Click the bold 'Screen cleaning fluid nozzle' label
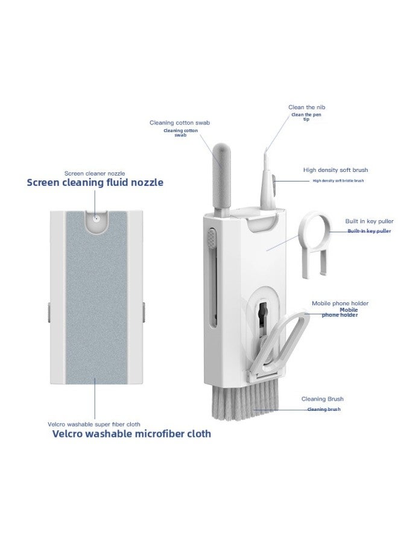(x=95, y=182)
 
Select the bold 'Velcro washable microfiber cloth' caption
(x=131, y=434)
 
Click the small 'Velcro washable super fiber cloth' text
(x=94, y=424)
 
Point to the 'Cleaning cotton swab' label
(x=180, y=122)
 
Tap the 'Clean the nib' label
(x=306, y=107)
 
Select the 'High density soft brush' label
(x=335, y=170)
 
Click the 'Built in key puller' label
(x=369, y=221)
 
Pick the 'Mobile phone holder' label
(x=340, y=303)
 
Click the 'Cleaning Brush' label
(x=322, y=399)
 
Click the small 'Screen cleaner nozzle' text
(x=95, y=173)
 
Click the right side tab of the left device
(x=144, y=312)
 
